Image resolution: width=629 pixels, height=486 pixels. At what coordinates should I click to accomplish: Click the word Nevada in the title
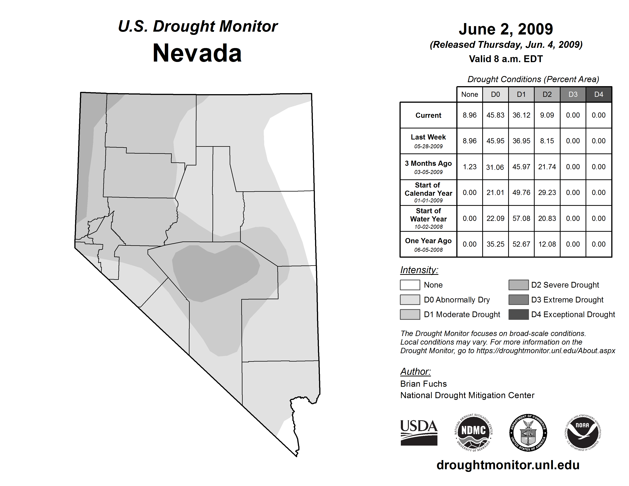point(197,53)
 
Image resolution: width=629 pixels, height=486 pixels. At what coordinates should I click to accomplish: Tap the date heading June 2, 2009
point(506,29)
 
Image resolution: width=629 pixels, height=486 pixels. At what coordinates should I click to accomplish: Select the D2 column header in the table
point(547,94)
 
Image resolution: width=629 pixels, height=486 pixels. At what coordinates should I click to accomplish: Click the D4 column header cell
point(599,94)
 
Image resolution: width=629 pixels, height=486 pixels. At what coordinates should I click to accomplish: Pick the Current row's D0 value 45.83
point(495,115)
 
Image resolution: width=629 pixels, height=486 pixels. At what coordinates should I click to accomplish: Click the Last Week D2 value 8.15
point(547,141)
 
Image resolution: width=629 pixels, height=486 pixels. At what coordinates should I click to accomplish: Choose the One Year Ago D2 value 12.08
point(547,244)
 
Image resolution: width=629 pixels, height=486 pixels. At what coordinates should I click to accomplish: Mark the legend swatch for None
point(410,285)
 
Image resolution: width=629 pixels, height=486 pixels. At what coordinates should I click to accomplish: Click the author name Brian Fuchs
point(423,384)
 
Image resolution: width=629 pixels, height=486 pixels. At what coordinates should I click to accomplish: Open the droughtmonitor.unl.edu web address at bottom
point(508,465)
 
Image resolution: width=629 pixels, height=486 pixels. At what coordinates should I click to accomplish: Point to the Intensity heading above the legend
point(419,270)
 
